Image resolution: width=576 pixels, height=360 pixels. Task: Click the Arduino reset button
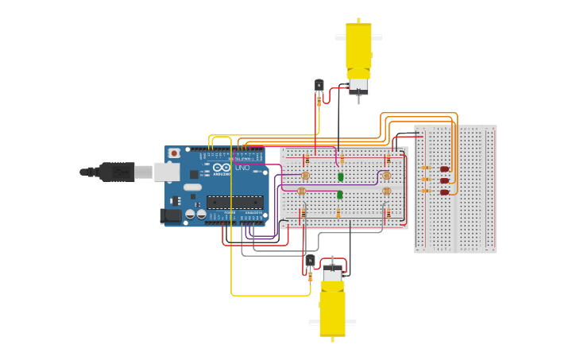click(173, 153)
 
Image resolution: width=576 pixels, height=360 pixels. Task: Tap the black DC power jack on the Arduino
click(169, 215)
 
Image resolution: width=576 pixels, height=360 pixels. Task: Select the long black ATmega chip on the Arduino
click(235, 203)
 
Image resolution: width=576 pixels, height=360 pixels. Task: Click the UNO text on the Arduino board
click(242, 168)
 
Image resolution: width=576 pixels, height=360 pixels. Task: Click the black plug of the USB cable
click(117, 171)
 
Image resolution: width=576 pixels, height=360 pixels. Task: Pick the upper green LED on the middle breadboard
click(340, 177)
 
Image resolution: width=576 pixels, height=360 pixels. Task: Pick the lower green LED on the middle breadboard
click(339, 195)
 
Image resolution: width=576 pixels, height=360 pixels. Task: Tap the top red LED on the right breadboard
click(444, 168)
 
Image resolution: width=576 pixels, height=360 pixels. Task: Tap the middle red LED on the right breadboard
click(444, 180)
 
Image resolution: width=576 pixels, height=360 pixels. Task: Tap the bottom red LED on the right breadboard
click(444, 192)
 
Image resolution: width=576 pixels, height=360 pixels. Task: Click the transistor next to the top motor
click(319, 85)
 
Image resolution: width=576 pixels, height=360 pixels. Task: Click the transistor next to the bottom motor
click(310, 261)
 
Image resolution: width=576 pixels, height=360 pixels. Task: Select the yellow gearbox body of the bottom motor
click(332, 312)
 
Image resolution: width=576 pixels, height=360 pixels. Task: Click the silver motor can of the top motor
click(358, 85)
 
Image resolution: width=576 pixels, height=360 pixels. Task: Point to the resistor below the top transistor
click(319, 101)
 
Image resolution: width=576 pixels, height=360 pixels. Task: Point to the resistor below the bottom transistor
click(310, 277)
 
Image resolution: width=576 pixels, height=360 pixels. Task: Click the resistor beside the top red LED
click(426, 168)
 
